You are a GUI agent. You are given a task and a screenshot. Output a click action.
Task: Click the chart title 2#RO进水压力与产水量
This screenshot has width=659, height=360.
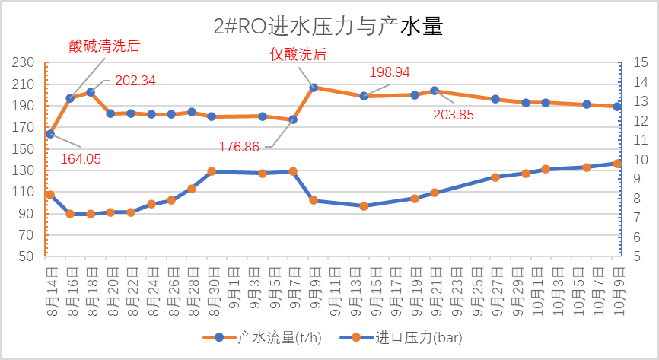point(328,27)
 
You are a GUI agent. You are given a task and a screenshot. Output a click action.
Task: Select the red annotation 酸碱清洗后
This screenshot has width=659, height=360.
point(104,46)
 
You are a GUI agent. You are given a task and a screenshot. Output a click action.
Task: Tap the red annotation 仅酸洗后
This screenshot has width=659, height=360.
point(299,54)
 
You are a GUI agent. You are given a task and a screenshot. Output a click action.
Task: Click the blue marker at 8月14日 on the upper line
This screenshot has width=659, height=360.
point(50,134)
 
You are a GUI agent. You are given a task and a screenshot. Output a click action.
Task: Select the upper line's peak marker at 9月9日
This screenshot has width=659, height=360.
point(314,88)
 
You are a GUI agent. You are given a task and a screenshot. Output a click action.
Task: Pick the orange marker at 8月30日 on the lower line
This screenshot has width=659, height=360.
point(212,171)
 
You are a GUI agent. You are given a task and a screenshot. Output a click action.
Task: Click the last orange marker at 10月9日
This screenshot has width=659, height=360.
point(617,164)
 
